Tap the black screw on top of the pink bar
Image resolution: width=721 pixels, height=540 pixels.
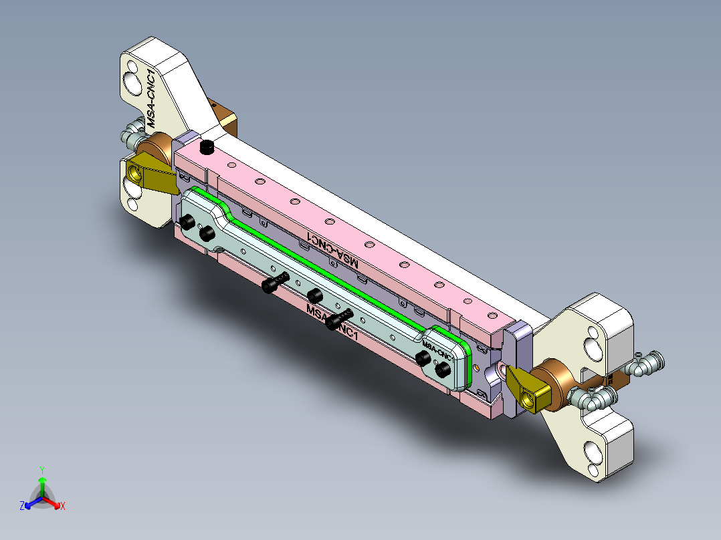207,146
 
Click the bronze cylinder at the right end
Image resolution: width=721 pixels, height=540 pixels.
552,384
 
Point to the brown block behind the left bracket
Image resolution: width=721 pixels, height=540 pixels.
223,117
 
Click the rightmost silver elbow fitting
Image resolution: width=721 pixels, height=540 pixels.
647,364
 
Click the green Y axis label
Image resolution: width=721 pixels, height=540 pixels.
42,469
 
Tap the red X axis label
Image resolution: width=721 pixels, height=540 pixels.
63,507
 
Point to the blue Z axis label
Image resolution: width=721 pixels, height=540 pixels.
22,507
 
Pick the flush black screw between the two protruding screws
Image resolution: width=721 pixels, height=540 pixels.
314,295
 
